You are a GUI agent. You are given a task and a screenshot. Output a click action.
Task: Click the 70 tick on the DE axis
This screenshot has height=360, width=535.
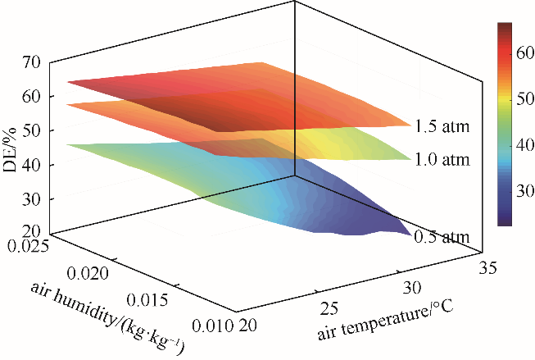click(x=34, y=62)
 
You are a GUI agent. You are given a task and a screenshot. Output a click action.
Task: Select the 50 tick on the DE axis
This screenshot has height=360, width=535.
click(x=34, y=130)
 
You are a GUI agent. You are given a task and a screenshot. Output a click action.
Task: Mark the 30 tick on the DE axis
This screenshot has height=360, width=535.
click(x=34, y=199)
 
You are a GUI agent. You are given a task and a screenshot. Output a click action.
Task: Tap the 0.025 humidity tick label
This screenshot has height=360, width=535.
click(x=29, y=244)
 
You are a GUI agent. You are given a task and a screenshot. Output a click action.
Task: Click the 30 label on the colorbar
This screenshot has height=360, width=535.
click(x=522, y=191)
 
